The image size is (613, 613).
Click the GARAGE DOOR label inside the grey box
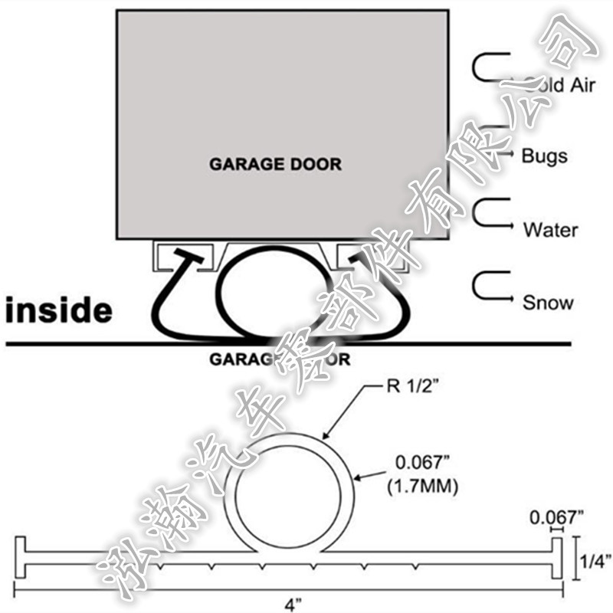[x=276, y=164]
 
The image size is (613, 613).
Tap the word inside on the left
[x=59, y=311]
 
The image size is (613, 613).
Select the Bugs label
[x=544, y=156]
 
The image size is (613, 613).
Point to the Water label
[x=550, y=229]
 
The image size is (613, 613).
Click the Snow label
[x=548, y=302]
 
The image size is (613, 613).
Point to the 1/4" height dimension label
[x=593, y=561]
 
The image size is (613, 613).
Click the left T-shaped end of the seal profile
[x=21, y=559]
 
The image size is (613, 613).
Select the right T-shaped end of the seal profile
[x=557, y=559]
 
